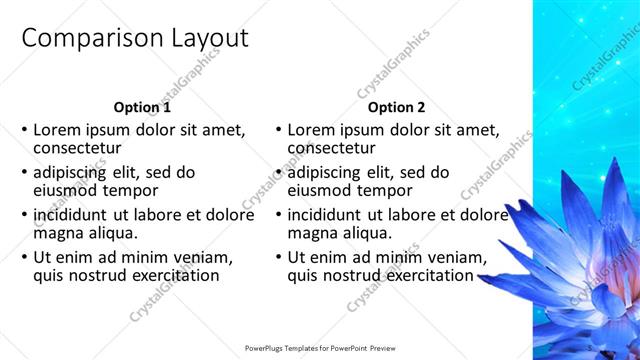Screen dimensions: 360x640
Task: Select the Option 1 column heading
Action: click(x=142, y=107)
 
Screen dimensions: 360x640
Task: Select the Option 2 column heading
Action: click(x=396, y=107)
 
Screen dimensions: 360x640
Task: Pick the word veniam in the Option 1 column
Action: click(x=205, y=257)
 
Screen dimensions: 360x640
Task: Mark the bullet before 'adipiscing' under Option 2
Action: click(x=278, y=173)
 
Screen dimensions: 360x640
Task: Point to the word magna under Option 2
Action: click(x=310, y=232)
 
